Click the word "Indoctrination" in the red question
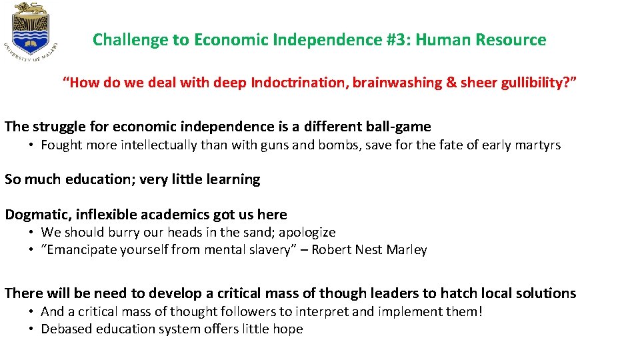(299, 83)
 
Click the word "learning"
(233, 179)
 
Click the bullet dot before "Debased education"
(31, 329)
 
